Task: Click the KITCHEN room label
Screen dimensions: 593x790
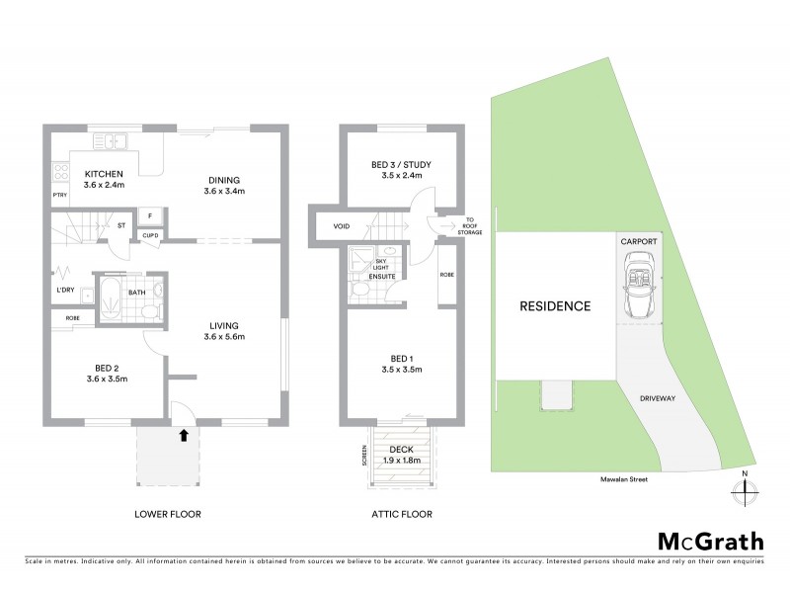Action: [103, 174]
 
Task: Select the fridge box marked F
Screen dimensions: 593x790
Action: [150, 215]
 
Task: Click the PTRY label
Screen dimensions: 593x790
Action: [59, 196]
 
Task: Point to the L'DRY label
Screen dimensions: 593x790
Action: [66, 290]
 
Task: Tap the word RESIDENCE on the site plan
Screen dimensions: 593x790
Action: [555, 306]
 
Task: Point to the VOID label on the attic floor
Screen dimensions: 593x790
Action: [341, 226]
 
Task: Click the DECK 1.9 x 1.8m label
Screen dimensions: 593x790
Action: [402, 454]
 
